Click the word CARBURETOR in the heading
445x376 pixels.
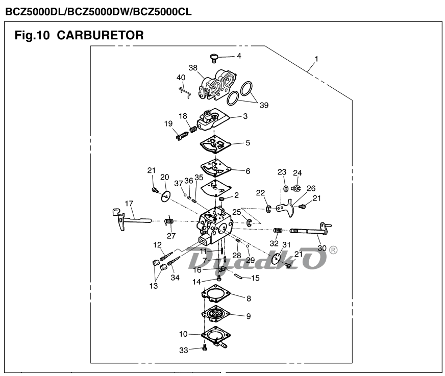(100, 35)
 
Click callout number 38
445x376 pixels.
(193, 68)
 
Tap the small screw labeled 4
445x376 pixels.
(214, 57)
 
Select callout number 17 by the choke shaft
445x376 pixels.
(129, 203)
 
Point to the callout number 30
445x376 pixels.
(322, 248)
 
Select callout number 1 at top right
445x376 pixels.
(316, 59)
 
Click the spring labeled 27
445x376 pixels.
(170, 221)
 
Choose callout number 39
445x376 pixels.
(263, 105)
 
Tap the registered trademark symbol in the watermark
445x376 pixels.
(333, 250)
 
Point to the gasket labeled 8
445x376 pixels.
(216, 294)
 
